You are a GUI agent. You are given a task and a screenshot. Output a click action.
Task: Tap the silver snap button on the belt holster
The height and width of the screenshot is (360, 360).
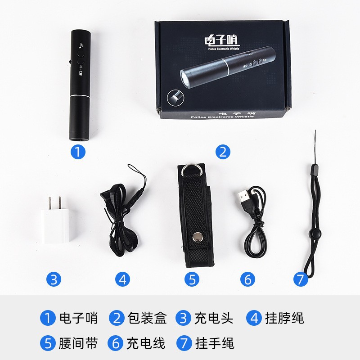(197, 237)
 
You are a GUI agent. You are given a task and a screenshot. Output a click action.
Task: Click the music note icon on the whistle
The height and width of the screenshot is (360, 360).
(81, 45)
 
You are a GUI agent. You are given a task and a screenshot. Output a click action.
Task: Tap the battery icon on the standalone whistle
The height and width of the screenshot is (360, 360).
(81, 73)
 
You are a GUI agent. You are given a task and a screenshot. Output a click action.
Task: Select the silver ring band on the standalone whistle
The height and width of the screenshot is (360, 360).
(80, 95)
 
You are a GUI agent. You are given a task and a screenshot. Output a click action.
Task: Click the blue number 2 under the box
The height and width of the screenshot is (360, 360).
(223, 152)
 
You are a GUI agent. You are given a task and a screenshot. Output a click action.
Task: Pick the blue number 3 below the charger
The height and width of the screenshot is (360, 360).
(54, 279)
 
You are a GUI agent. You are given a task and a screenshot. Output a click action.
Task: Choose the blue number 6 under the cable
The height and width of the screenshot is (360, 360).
(247, 279)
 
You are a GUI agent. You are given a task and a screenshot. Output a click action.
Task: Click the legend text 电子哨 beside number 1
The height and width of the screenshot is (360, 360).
(78, 318)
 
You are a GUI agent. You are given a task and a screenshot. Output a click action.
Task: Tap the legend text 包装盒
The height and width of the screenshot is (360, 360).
(147, 318)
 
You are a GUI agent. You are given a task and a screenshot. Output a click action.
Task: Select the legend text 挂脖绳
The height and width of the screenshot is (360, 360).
(284, 318)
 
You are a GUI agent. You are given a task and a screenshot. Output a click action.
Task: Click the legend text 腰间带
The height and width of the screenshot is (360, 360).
(78, 343)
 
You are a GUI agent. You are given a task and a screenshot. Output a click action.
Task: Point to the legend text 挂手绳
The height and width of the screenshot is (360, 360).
(215, 343)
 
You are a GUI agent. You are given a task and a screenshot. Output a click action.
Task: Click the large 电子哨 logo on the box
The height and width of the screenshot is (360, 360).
(220, 40)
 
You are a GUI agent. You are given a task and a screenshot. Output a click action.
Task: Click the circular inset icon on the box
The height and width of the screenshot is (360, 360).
(175, 98)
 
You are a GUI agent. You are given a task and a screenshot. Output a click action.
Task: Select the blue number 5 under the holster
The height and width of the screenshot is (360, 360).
(192, 279)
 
